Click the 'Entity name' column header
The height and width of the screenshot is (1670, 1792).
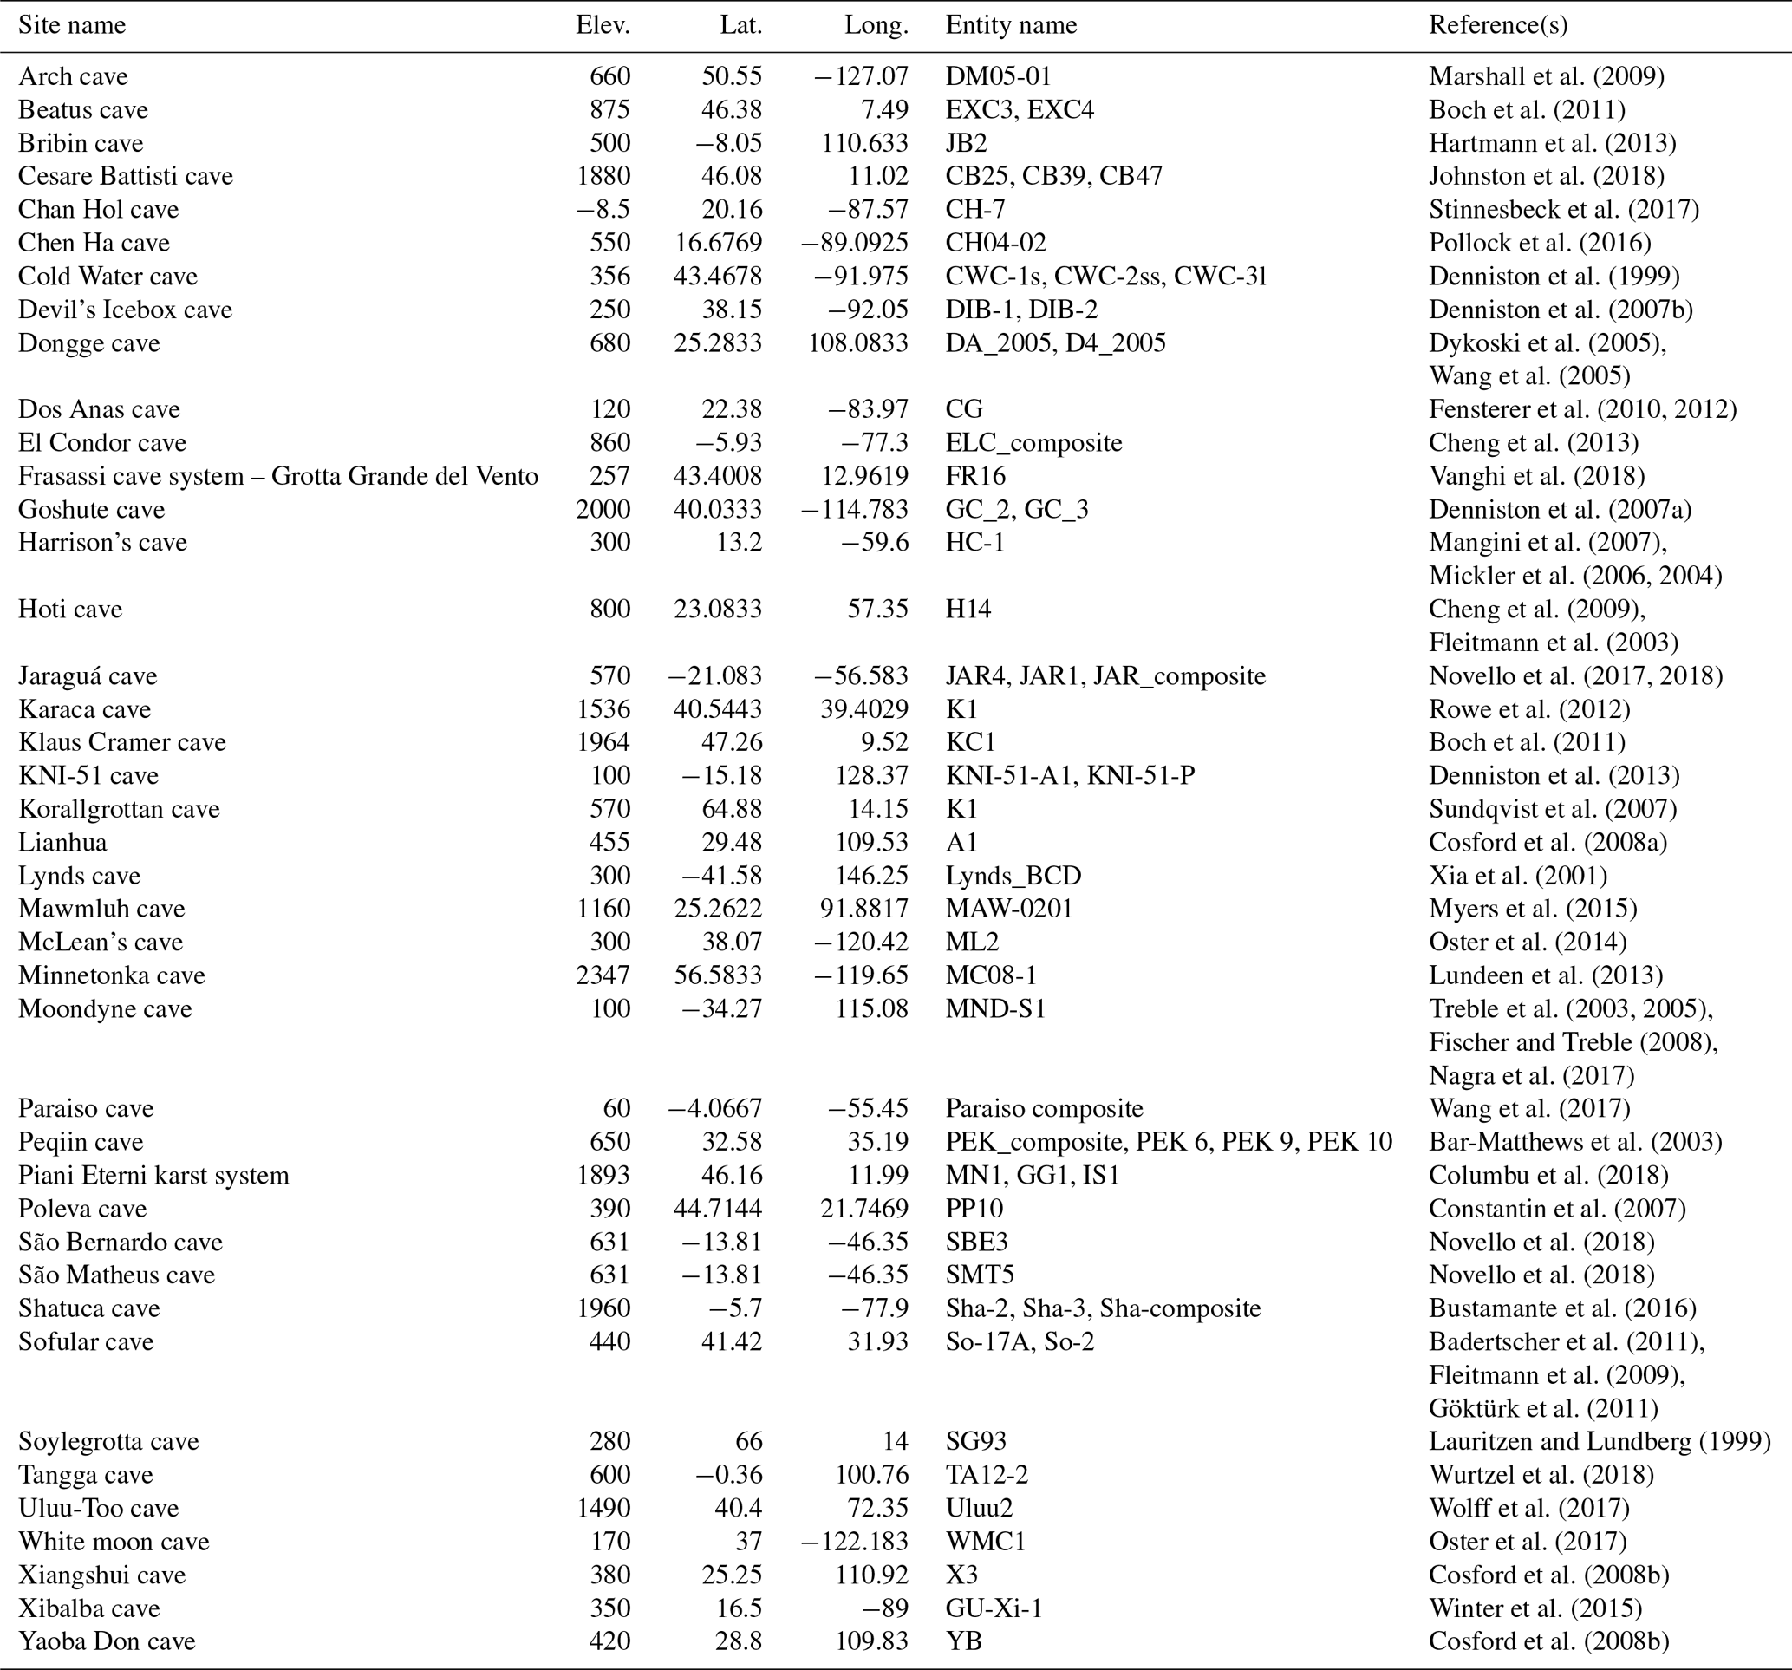pyautogui.click(x=1011, y=25)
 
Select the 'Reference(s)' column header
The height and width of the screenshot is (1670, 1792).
pyautogui.click(x=1498, y=25)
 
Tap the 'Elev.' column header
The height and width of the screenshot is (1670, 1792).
pyautogui.click(x=603, y=25)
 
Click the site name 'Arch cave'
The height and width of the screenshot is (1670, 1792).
pyautogui.click(x=73, y=76)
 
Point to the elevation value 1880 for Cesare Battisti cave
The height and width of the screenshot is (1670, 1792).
pyautogui.click(x=603, y=176)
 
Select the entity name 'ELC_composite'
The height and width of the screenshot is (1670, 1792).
pyautogui.click(x=1033, y=443)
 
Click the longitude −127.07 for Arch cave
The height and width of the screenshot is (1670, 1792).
pyautogui.click(x=855, y=76)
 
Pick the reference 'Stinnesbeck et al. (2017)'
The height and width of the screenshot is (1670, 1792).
pyautogui.click(x=1564, y=209)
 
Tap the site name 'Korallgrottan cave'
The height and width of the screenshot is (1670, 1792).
pyautogui.click(x=119, y=809)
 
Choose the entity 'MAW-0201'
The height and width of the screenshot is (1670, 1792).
pyautogui.click(x=1008, y=908)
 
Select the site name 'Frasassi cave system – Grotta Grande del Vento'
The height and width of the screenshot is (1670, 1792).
pyautogui.click(x=278, y=476)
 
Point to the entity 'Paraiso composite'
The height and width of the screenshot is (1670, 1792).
pyautogui.click(x=1044, y=1108)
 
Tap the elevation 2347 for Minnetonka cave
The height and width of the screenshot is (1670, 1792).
pyautogui.click(x=603, y=975)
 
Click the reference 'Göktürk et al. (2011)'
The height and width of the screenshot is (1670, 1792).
pyautogui.click(x=1543, y=1407)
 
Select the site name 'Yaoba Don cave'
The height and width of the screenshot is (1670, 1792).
pyautogui.click(x=108, y=1641)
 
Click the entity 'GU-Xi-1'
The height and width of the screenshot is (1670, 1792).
pyautogui.click(x=994, y=1608)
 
